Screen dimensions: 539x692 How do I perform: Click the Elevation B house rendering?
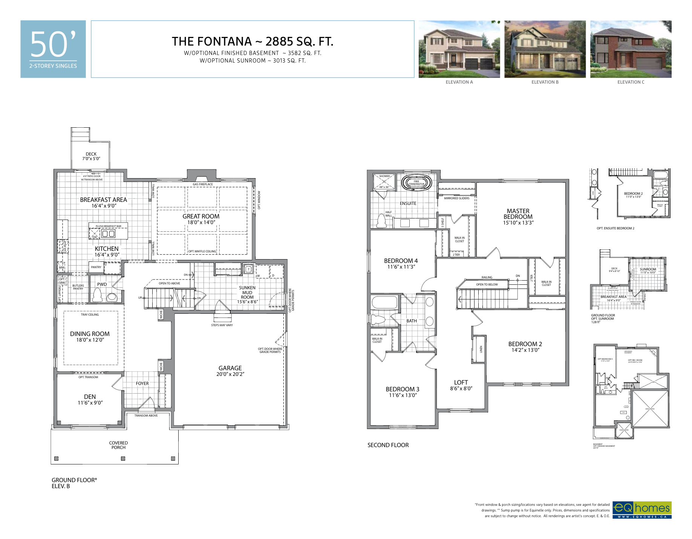click(545, 49)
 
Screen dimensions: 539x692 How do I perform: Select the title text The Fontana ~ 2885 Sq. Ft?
click(253, 41)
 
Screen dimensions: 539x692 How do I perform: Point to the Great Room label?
click(201, 216)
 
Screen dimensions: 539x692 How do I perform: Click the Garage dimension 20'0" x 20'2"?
click(230, 374)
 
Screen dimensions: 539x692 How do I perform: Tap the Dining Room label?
click(90, 334)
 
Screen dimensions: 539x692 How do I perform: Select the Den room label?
click(90, 397)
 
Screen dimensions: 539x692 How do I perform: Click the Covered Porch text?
click(118, 445)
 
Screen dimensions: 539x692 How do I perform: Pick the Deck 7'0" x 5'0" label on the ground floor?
click(91, 156)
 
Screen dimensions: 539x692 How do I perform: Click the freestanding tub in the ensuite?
click(416, 183)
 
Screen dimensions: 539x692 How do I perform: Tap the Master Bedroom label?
click(518, 214)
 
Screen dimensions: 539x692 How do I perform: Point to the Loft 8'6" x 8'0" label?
click(461, 385)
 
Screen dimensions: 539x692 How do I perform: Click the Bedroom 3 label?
click(402, 389)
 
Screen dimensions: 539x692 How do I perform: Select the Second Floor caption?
click(388, 445)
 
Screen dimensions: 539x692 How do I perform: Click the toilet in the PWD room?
click(97, 295)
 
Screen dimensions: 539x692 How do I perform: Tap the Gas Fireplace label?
click(203, 184)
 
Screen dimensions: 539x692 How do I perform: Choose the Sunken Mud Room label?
click(247, 292)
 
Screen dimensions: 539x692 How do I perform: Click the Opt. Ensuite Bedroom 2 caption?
click(615, 228)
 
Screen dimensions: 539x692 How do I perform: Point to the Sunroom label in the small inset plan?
click(648, 269)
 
